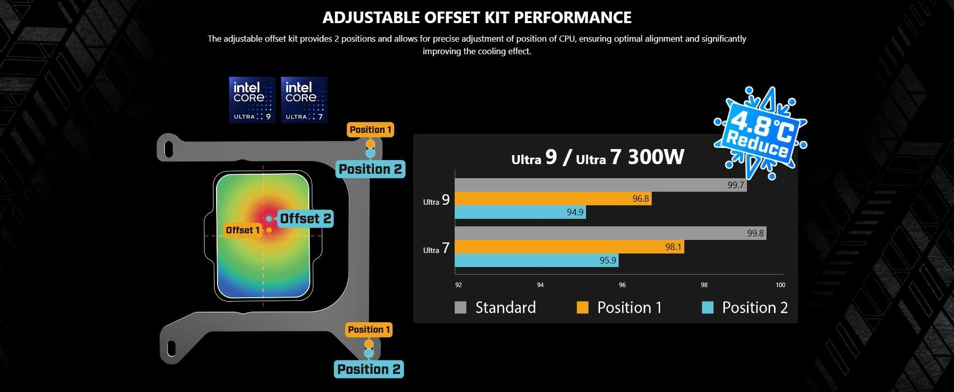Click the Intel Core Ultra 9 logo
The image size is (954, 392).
252,100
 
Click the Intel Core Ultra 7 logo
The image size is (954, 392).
304,100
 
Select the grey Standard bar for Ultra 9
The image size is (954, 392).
601,185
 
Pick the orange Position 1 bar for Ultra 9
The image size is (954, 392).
553,199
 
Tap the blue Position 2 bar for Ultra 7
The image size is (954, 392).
536,260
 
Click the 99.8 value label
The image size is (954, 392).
755,233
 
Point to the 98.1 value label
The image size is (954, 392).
673,247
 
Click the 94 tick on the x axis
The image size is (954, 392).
540,285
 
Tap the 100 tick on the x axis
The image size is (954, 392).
780,285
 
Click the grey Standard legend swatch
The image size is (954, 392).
460,308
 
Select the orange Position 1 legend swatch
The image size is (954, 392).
583,308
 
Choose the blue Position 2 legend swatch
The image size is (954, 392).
708,308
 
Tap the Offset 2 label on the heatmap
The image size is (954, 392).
305,219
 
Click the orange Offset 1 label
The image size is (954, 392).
243,230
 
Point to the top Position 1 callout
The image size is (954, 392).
370,130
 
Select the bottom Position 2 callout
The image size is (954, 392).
369,369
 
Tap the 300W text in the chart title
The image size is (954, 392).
656,157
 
